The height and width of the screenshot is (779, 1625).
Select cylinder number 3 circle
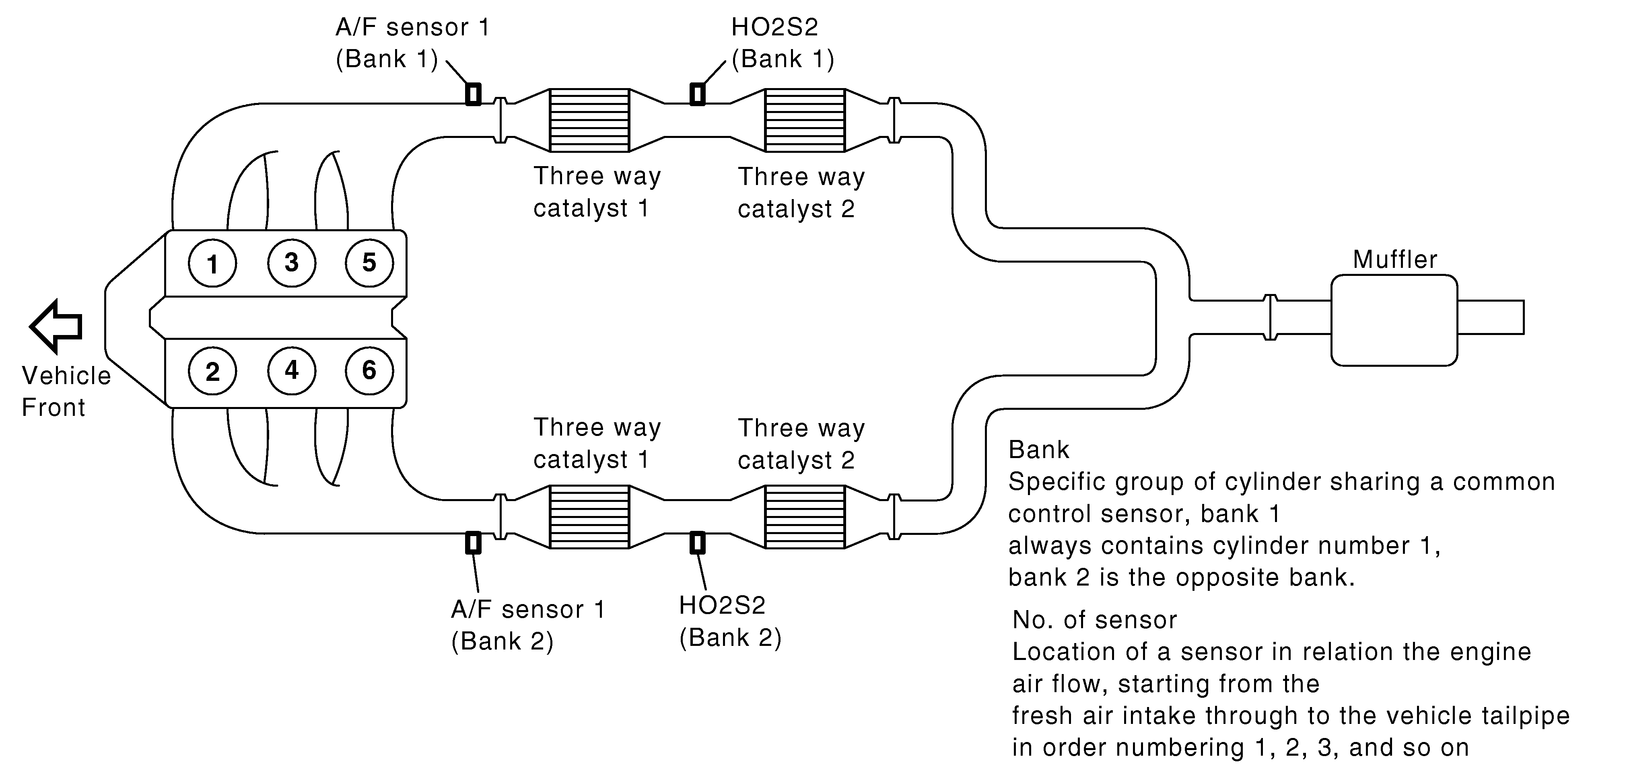291,262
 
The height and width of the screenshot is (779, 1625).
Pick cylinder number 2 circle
212,371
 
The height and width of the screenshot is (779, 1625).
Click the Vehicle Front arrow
56,326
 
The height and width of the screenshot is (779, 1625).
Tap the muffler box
1394,321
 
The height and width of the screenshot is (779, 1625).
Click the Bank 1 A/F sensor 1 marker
473,94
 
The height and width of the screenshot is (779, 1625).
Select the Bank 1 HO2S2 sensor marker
697,94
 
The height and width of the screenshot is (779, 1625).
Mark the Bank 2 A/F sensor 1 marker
473,543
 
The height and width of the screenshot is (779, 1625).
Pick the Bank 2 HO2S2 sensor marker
697,543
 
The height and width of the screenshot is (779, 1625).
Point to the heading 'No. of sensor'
1094,620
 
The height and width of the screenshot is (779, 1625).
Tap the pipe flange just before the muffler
1271,317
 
